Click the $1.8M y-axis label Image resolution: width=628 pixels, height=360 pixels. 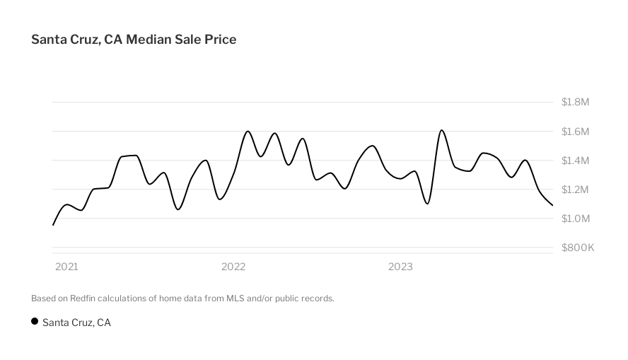click(x=575, y=102)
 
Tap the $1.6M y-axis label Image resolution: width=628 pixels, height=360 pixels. click(x=575, y=132)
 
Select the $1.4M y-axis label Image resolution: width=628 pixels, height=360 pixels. click(x=575, y=161)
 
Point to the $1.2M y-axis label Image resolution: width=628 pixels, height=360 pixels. click(x=575, y=190)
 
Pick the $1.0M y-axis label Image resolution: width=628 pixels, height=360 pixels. click(x=575, y=219)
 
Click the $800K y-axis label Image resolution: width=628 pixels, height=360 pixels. click(x=578, y=248)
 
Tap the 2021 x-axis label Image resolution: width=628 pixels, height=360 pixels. click(x=66, y=267)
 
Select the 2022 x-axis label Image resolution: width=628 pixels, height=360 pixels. click(x=233, y=267)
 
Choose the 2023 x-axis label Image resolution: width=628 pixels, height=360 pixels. click(x=400, y=267)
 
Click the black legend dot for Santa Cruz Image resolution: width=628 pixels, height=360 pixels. click(x=35, y=322)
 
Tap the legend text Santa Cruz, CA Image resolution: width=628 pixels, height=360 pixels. click(x=76, y=323)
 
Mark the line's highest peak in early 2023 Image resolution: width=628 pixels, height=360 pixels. click(x=441, y=130)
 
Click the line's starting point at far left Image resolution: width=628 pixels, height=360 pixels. click(x=53, y=225)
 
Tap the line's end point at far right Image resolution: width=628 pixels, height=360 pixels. click(x=552, y=205)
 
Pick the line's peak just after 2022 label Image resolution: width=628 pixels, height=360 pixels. click(x=248, y=131)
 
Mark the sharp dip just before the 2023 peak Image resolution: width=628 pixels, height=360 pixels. click(x=427, y=204)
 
